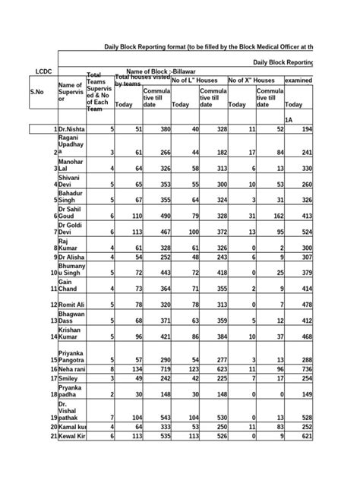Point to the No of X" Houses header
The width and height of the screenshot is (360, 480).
pyautogui.click(x=251, y=81)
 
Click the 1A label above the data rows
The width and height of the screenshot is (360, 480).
pyautogui.click(x=289, y=120)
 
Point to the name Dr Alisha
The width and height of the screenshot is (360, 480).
pyautogui.click(x=78, y=257)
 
